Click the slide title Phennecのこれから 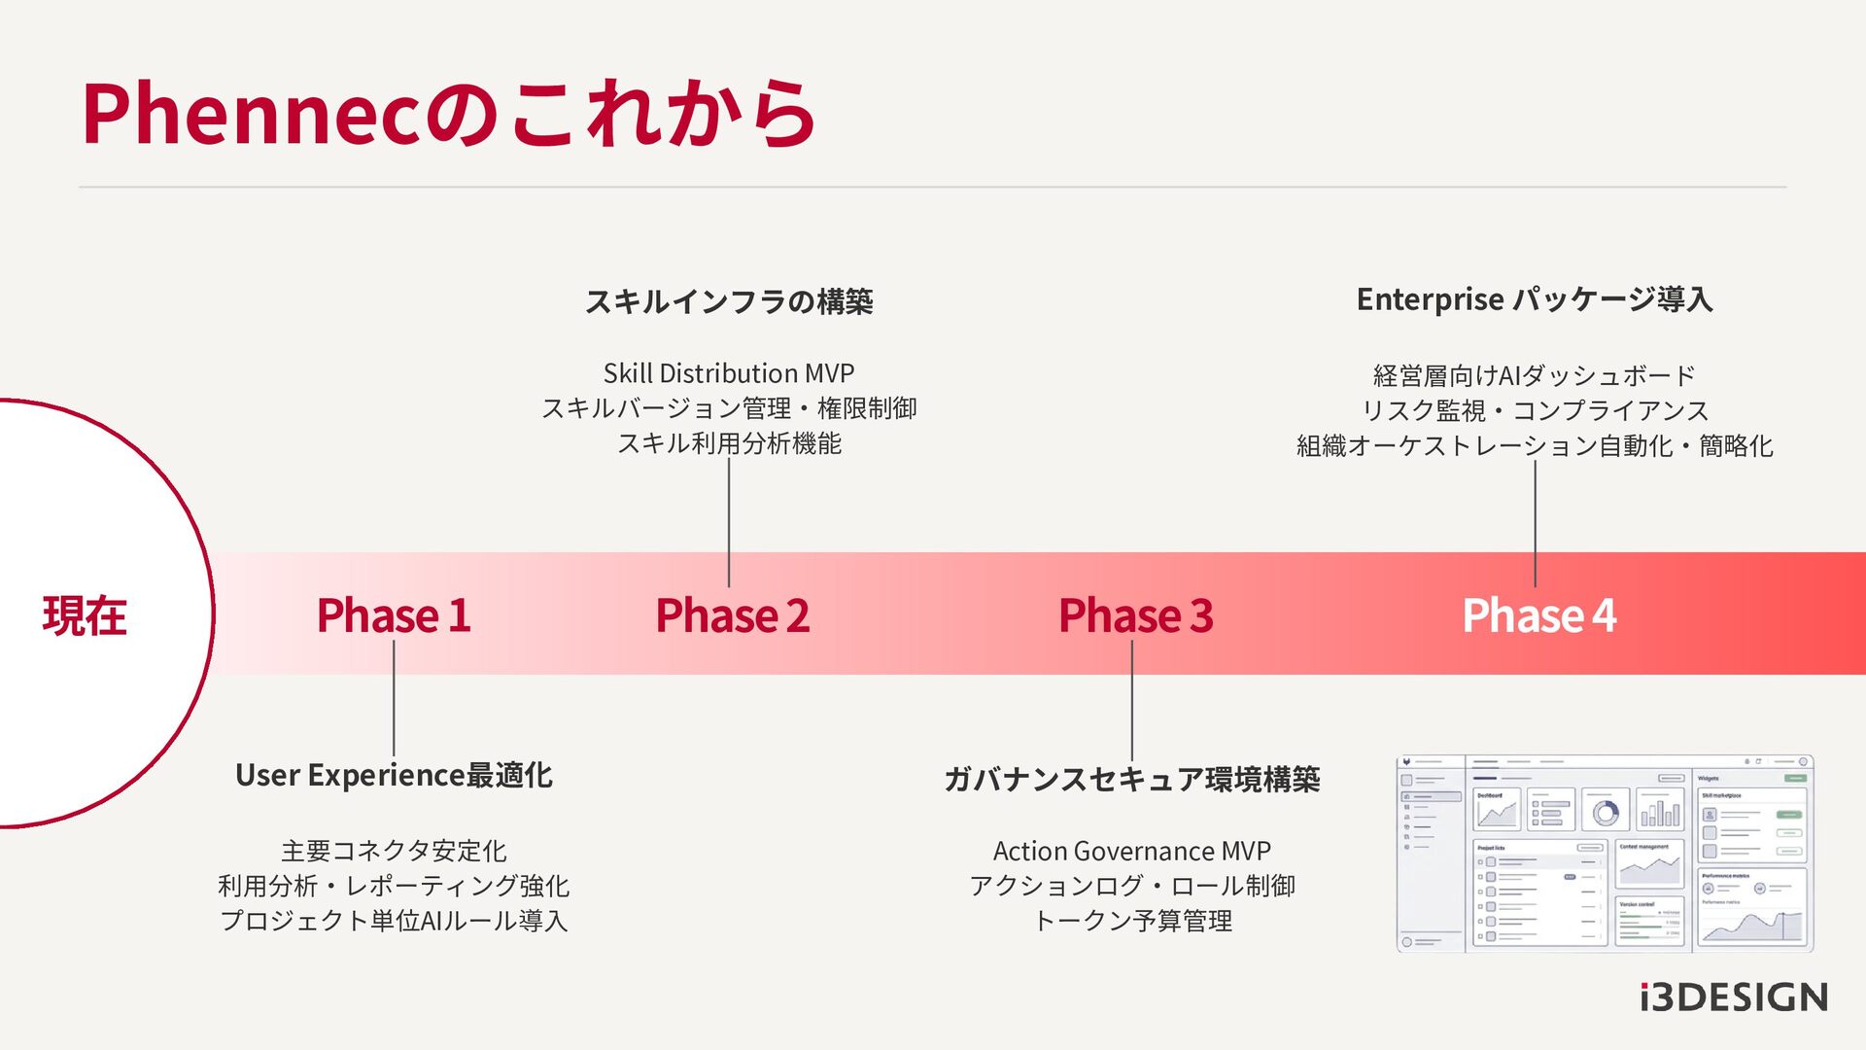[x=448, y=115]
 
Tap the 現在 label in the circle [x=85, y=616]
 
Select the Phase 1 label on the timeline [x=394, y=616]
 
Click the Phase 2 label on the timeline [x=732, y=616]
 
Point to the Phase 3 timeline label [x=1135, y=616]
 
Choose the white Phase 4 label [x=1538, y=616]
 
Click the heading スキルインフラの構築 [x=729, y=302]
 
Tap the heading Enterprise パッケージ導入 [x=1535, y=299]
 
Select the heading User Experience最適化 [x=394, y=776]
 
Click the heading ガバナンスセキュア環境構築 [x=1132, y=780]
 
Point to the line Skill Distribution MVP [x=729, y=373]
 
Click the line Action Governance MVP [x=1132, y=852]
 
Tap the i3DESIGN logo [x=1733, y=997]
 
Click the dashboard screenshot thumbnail [x=1605, y=854]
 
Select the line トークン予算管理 [x=1132, y=921]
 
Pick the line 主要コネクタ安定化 [x=394, y=852]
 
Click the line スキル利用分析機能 [x=729, y=443]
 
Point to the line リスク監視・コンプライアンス [x=1535, y=411]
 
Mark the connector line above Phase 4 [x=1536, y=523]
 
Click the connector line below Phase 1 [x=394, y=698]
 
